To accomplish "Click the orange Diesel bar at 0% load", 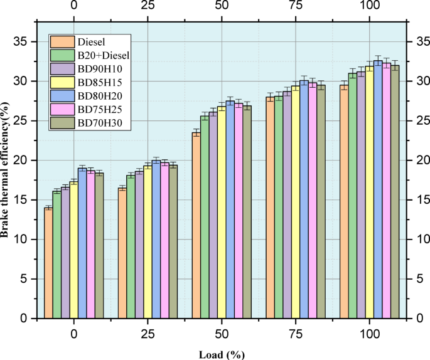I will (48, 263).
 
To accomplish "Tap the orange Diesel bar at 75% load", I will (271, 208).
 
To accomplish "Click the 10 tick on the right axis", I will (419, 240).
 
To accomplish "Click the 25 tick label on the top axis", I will (148, 8).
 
